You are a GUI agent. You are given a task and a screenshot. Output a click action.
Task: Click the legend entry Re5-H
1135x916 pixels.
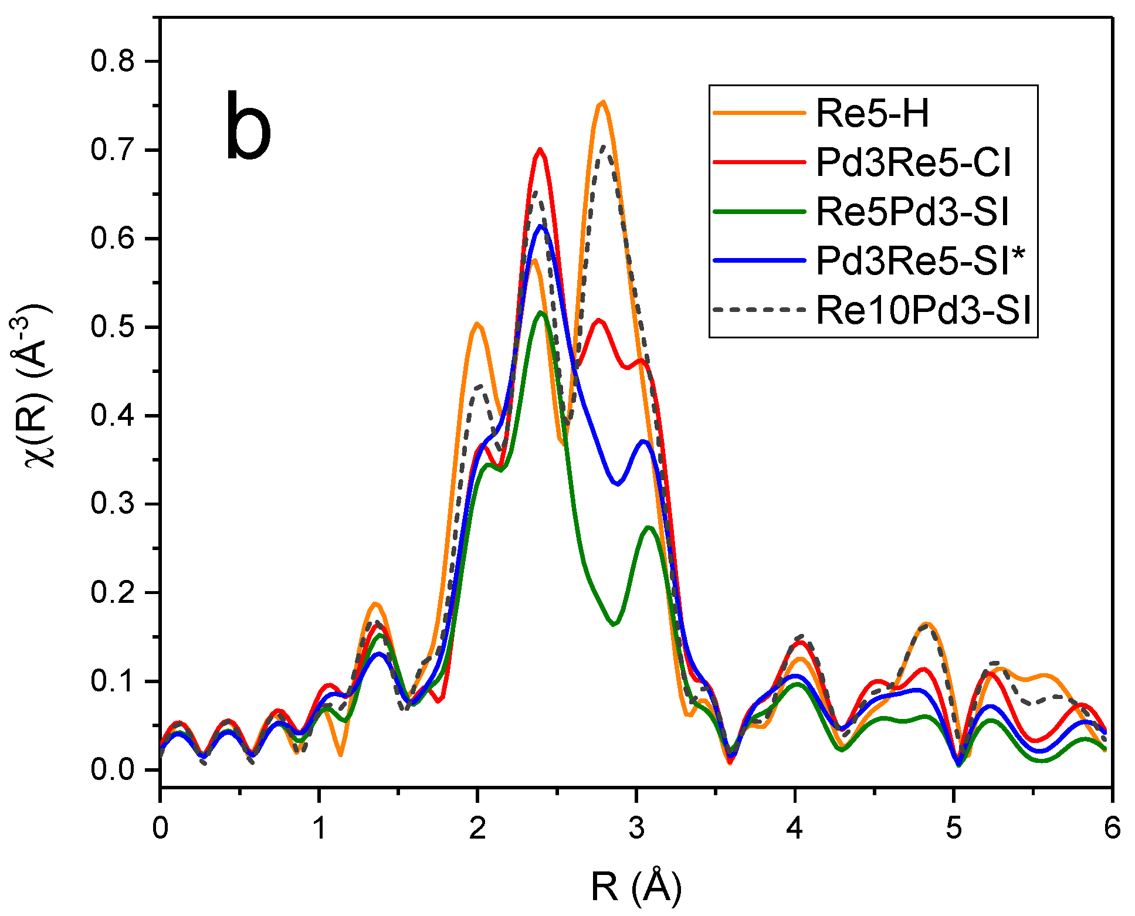point(872,113)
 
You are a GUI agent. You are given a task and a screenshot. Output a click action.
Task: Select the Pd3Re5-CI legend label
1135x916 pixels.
point(913,162)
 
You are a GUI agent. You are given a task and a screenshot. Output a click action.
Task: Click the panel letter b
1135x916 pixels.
point(248,128)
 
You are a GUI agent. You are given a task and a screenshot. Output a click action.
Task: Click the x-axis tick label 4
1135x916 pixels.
point(794,829)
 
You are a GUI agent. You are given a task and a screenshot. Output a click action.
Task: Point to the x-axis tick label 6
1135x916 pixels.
point(1112,829)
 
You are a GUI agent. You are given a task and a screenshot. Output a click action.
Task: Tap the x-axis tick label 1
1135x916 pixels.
point(319,829)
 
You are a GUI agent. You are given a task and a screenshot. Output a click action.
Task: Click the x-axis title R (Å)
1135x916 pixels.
point(636,887)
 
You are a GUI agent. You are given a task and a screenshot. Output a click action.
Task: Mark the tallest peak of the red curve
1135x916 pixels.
point(540,150)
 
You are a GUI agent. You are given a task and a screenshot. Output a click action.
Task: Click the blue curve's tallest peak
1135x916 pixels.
point(540,226)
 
